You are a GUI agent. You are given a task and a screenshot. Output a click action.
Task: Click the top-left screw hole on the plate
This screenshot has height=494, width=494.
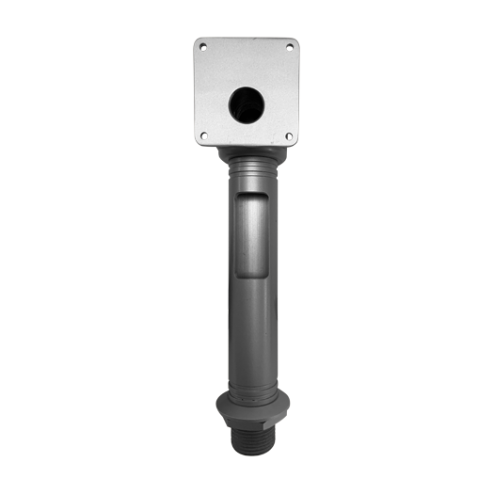coord(203,45)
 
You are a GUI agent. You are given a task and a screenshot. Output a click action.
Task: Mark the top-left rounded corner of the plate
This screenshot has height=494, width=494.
coord(198,40)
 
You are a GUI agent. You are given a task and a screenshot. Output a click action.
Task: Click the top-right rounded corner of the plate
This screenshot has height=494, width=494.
coord(295,40)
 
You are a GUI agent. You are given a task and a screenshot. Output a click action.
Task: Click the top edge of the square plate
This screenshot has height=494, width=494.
coord(247,39)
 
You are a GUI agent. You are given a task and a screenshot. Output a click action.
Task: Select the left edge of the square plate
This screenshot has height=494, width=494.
coord(196,91)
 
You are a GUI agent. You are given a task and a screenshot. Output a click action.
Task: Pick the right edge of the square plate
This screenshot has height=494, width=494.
coord(297,91)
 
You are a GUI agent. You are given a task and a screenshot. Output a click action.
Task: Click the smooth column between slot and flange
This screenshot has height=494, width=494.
coord(249,329)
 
